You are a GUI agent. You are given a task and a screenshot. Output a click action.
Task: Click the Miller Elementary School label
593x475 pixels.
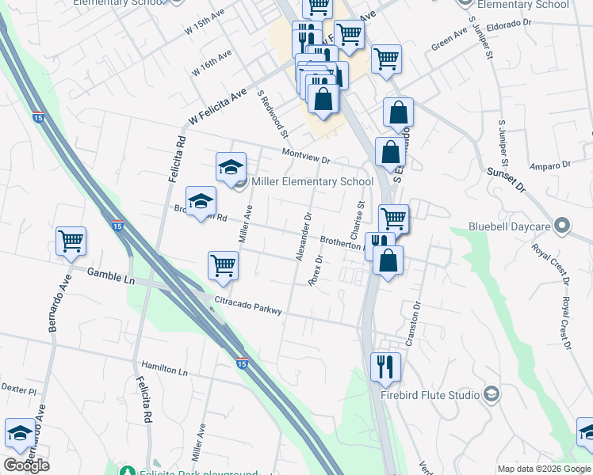(312, 182)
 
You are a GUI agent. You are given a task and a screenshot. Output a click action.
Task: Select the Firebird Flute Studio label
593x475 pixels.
(430, 395)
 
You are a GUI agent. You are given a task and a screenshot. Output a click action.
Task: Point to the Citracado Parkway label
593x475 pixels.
(248, 306)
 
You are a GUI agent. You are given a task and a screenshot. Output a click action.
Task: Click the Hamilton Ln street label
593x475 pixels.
(164, 370)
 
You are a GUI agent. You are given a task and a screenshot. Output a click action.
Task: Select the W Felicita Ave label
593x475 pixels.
(217, 108)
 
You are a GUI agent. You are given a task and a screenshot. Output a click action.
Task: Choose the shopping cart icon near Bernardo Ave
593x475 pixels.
(71, 241)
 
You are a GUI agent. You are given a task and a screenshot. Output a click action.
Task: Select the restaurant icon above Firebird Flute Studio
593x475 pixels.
(384, 366)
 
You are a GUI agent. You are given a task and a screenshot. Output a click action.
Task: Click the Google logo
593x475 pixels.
(25, 465)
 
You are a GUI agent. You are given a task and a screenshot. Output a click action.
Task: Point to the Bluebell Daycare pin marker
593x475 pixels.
(563, 226)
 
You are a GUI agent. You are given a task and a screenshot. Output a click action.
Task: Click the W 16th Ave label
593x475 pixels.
(212, 63)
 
